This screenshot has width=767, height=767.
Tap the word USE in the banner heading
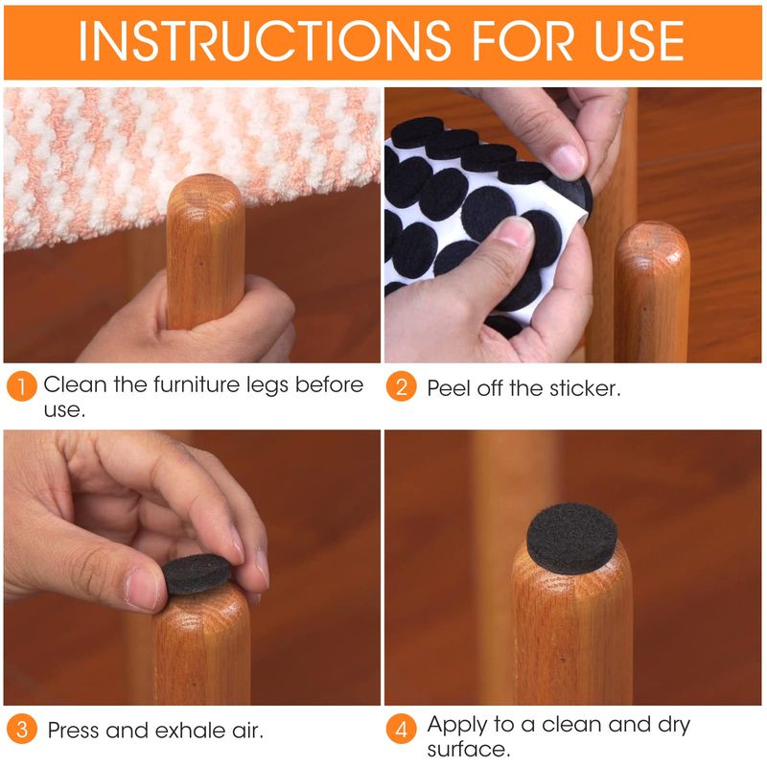coord(639,41)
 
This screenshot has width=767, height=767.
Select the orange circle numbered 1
coord(21,386)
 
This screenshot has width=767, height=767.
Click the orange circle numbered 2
coord(401,386)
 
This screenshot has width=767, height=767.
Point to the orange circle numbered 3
coord(21,729)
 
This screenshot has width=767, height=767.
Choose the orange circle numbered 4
coord(401,729)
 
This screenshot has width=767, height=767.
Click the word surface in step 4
coord(469,749)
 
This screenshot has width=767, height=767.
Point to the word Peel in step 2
coord(450,388)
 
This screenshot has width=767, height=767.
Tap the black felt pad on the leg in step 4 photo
coord(571,538)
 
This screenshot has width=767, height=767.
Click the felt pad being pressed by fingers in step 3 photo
coord(196,574)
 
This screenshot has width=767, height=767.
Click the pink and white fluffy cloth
coord(191,156)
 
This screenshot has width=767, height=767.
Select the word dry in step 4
coord(674,726)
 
